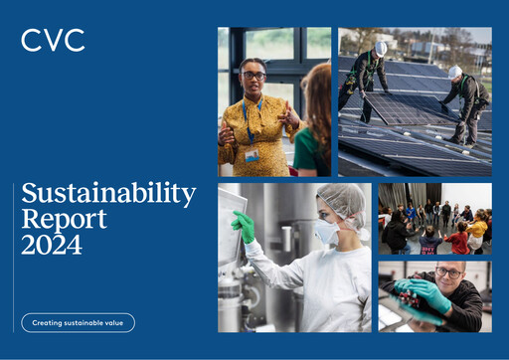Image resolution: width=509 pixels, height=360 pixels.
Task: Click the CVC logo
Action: [x=53, y=41]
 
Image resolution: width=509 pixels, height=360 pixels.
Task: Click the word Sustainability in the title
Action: [x=108, y=193]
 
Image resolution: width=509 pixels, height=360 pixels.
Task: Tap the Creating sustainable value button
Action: [x=78, y=322]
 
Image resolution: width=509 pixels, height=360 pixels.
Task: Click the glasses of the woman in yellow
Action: [x=253, y=76]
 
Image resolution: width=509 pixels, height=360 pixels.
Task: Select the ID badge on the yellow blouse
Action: [x=253, y=155]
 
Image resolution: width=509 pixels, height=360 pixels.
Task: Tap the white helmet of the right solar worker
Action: [x=455, y=72]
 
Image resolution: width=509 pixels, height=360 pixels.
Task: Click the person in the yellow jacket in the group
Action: [x=478, y=230]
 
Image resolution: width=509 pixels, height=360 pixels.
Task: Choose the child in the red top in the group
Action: [x=458, y=240]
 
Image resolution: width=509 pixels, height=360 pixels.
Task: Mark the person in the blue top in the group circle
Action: [x=411, y=213]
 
